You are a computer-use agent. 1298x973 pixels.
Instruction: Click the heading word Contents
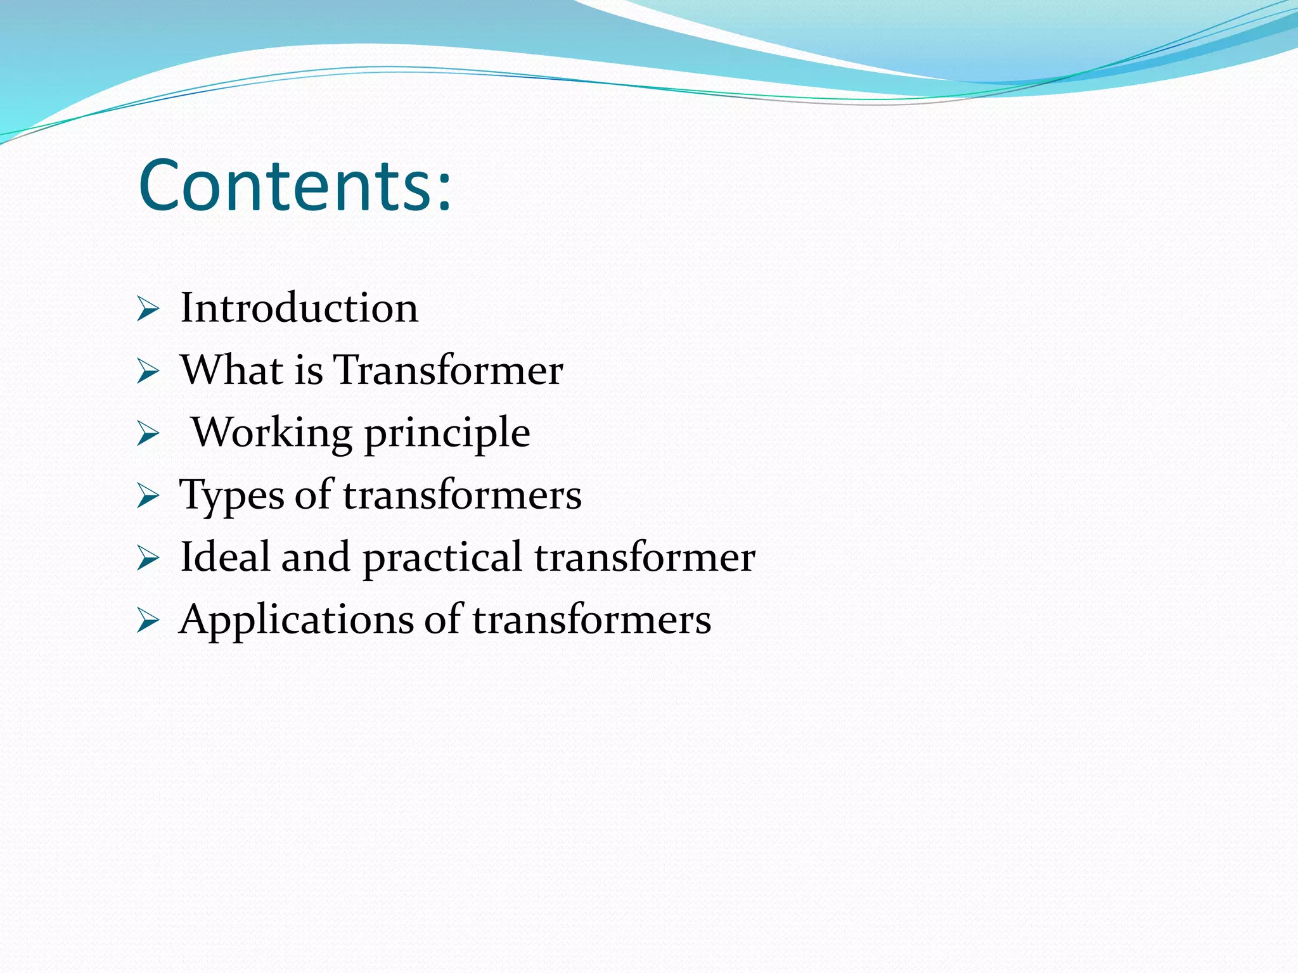(285, 185)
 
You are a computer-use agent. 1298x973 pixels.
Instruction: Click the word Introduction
(299, 308)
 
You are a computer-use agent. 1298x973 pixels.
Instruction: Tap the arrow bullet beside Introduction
(148, 310)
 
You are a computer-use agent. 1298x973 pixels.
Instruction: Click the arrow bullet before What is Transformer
(148, 372)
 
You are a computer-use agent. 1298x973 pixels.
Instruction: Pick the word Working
(272, 433)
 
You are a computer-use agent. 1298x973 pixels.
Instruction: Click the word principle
(447, 434)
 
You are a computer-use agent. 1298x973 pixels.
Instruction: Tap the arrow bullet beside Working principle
(148, 435)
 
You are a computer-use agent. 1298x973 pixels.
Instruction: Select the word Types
(232, 495)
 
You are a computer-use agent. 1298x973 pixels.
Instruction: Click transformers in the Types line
(462, 495)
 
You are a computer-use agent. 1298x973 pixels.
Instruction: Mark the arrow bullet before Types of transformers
(148, 497)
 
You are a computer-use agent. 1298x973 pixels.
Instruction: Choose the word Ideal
(225, 557)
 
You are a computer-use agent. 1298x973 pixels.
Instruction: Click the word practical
(442, 558)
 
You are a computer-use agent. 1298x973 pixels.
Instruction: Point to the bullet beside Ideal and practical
(148, 559)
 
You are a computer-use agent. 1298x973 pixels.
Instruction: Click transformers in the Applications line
(591, 619)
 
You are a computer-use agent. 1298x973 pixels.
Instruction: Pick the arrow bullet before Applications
(148, 621)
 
